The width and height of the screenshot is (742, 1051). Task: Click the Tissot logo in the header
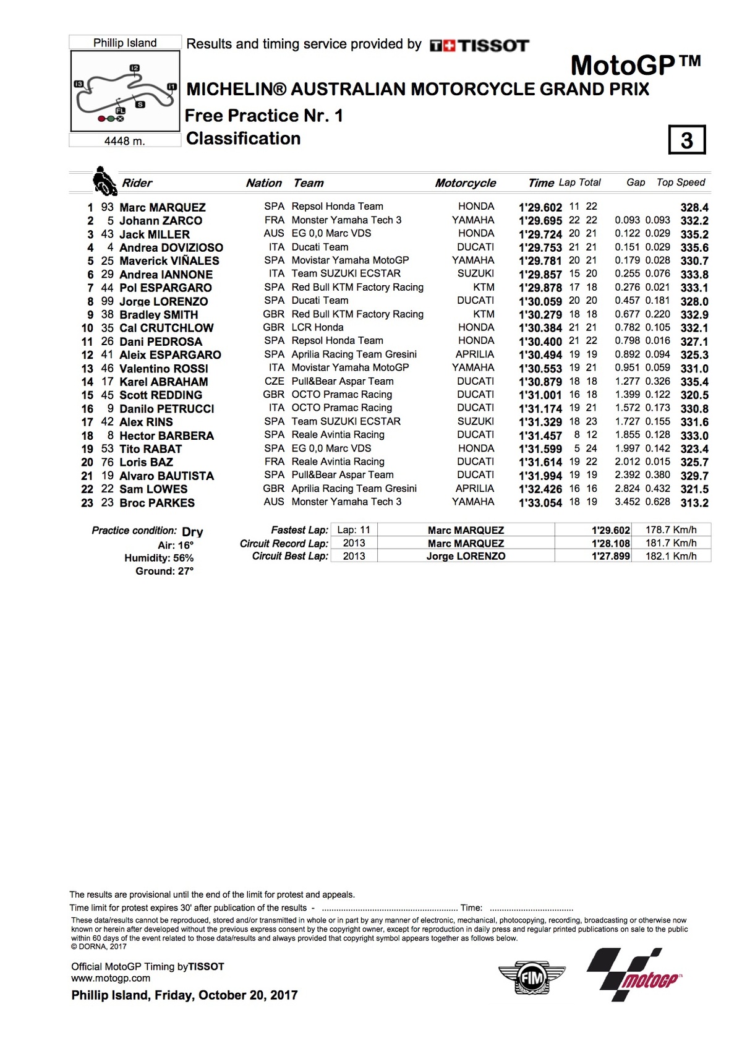480,45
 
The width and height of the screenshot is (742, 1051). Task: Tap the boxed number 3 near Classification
686,140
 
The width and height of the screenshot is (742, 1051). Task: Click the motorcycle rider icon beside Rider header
104,181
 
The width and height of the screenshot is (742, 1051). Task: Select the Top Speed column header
680,182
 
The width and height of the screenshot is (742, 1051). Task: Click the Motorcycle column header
465,183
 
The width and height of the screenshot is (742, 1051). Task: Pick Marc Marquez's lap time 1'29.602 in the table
540,208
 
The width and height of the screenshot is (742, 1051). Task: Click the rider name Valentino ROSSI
163,369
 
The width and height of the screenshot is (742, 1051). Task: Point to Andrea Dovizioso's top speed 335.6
694,248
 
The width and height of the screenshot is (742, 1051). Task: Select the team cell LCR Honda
317,327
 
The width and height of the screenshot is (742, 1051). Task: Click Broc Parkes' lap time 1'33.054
540,503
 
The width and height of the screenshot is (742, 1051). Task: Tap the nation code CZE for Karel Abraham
274,381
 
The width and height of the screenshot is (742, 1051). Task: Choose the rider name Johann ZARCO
160,221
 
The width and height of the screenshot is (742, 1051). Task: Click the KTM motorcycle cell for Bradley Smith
484,314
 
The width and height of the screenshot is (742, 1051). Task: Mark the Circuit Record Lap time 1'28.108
610,543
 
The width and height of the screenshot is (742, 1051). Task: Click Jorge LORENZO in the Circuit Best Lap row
466,556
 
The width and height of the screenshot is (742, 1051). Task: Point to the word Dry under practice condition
192,532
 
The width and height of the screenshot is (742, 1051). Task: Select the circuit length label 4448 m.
124,141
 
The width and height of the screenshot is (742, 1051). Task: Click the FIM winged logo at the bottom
531,978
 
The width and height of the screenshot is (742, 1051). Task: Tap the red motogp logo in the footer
634,974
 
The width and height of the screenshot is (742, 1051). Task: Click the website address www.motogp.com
111,978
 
